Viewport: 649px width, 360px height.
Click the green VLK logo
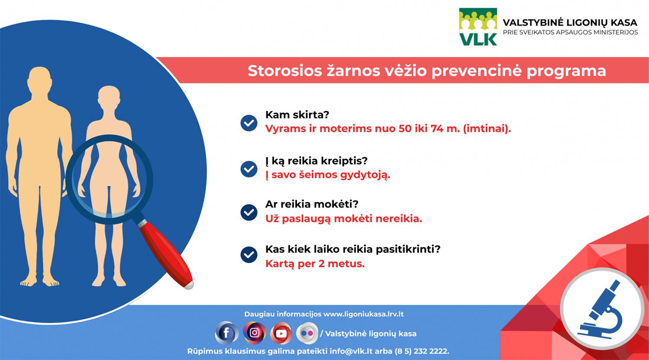[478, 26]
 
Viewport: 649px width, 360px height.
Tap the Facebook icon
[226, 333]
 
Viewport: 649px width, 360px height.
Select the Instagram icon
[254, 332]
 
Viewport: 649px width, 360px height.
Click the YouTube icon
[281, 333]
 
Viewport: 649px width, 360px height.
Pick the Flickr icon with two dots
[307, 333]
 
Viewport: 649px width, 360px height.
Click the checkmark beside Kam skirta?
[249, 123]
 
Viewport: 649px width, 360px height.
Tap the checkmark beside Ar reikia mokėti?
[249, 212]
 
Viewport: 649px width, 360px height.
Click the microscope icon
[605, 308]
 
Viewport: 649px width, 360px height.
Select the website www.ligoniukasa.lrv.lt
[363, 314]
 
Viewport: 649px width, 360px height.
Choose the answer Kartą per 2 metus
[315, 264]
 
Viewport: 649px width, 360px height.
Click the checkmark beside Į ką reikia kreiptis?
[249, 168]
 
